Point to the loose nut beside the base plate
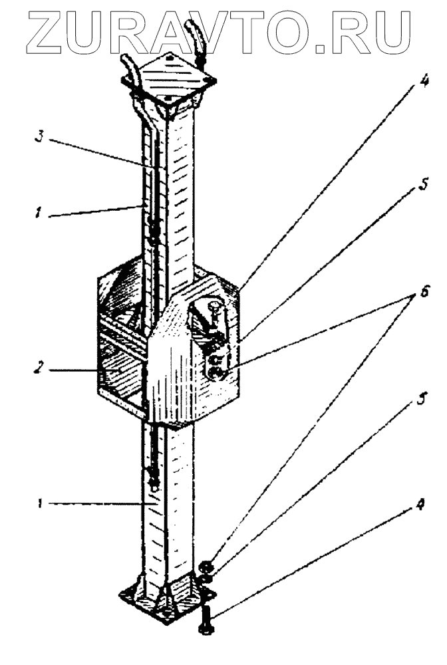pyautogui.click(x=205, y=567)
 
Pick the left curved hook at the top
pyautogui.click(x=129, y=70)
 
